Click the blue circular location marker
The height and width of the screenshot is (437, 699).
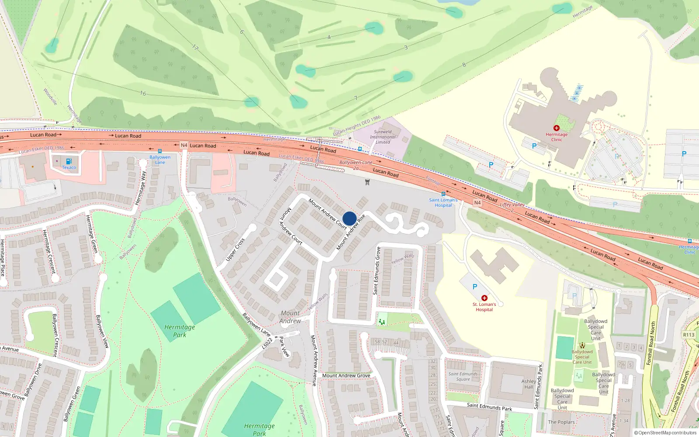[349, 218]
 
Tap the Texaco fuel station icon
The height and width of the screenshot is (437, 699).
[69, 161]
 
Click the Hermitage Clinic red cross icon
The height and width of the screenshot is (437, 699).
[556, 128]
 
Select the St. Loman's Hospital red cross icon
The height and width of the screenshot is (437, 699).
[484, 298]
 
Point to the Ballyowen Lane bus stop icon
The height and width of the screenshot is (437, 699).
[160, 151]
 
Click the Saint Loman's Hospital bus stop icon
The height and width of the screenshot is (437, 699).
[443, 194]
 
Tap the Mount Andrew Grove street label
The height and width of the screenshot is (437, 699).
[346, 375]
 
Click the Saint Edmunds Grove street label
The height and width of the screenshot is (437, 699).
[376, 271]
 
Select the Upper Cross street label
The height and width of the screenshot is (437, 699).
[235, 250]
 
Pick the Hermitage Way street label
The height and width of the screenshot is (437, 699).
[141, 188]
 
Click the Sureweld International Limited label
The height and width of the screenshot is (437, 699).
[383, 137]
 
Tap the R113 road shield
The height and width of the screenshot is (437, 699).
[689, 335]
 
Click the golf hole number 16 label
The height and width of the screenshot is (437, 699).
[143, 93]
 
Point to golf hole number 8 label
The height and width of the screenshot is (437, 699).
[464, 65]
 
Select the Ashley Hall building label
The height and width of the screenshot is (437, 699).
[529, 384]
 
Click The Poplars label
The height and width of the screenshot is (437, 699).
[561, 422]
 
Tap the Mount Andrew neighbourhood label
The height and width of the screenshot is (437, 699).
[290, 317]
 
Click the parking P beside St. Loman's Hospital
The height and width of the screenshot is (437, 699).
[475, 287]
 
